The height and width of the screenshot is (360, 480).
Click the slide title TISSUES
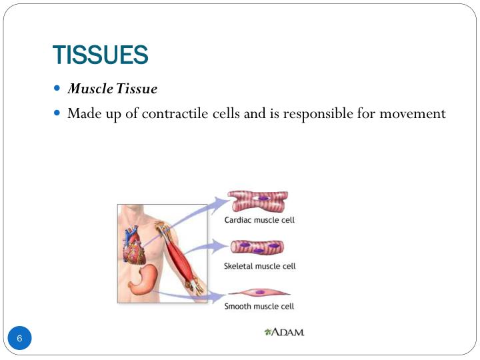[100, 55]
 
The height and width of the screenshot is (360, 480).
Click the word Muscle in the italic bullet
[91, 89]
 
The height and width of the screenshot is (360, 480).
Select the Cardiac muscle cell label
[259, 219]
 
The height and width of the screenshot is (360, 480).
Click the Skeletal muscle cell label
[259, 266]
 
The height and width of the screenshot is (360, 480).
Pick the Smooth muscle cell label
[259, 306]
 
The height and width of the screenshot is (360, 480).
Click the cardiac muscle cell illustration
[257, 201]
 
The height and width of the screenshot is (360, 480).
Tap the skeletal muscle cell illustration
[257, 248]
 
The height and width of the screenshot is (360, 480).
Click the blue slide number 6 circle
[20, 339]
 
